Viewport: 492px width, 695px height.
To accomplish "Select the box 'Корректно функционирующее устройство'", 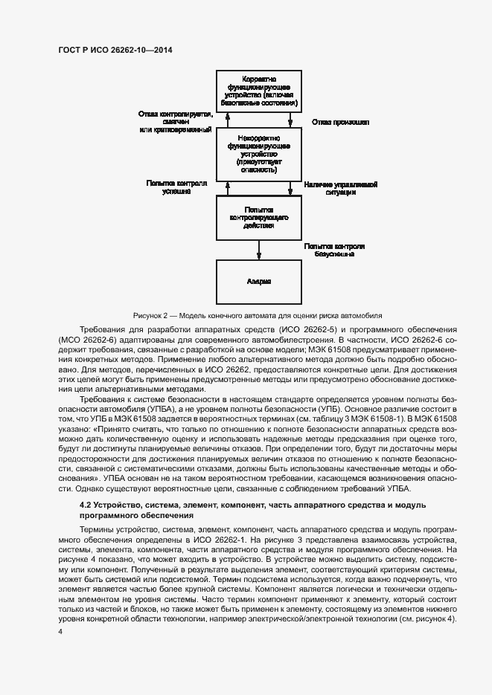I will pos(259,91).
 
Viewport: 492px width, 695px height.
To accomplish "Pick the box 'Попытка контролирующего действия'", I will pos(259,218).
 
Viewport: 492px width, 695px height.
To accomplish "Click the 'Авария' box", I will pos(259,282).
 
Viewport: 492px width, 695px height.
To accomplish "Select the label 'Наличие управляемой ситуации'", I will pos(341,187).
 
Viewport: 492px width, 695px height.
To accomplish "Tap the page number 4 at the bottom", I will pos(60,631).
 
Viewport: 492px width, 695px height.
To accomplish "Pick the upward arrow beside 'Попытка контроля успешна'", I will pos(226,187).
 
